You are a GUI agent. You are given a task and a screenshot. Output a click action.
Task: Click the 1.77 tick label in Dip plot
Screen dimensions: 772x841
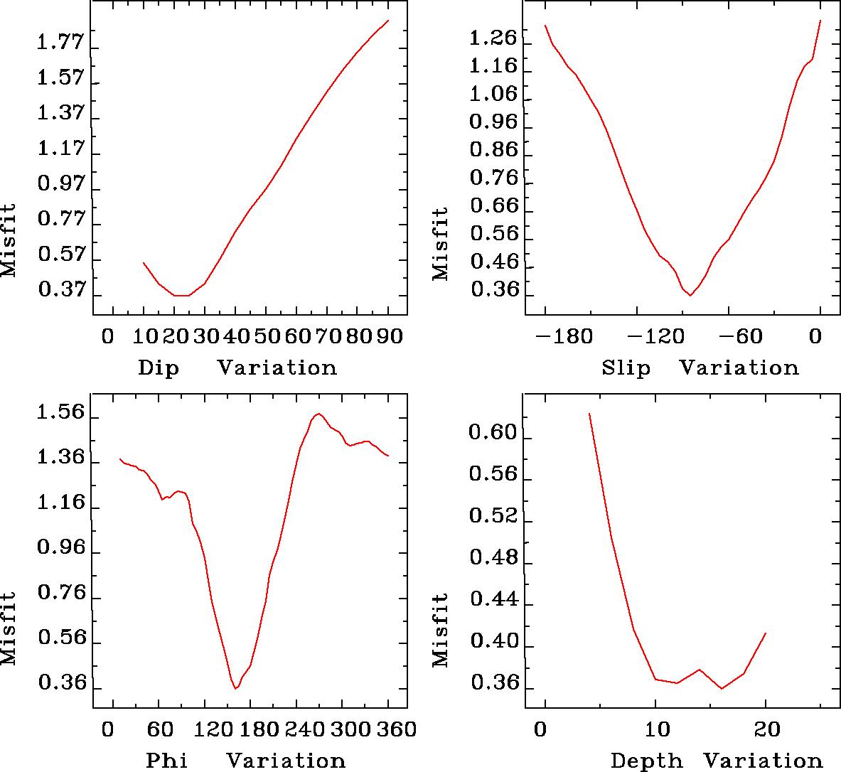click(x=60, y=44)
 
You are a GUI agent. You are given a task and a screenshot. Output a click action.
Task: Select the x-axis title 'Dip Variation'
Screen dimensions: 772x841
click(x=237, y=368)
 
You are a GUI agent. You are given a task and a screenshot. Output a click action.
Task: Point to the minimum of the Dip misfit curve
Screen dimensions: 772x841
click(x=181, y=295)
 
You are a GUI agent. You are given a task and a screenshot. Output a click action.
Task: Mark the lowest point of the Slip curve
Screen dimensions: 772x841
click(x=690, y=296)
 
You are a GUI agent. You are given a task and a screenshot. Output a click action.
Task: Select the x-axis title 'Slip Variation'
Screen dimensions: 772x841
click(x=700, y=368)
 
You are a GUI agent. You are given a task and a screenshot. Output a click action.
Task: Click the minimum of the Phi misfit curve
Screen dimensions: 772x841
click(x=235, y=689)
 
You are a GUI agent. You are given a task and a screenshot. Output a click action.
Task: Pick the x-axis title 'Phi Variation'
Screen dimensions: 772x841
click(x=245, y=761)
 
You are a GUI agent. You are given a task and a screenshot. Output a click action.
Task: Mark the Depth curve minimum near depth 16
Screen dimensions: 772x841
click(x=722, y=688)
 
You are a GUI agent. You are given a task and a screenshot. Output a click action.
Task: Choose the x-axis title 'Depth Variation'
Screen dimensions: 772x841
click(x=716, y=761)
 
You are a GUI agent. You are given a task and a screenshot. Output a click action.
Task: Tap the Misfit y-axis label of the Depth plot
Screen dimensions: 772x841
click(x=441, y=630)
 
